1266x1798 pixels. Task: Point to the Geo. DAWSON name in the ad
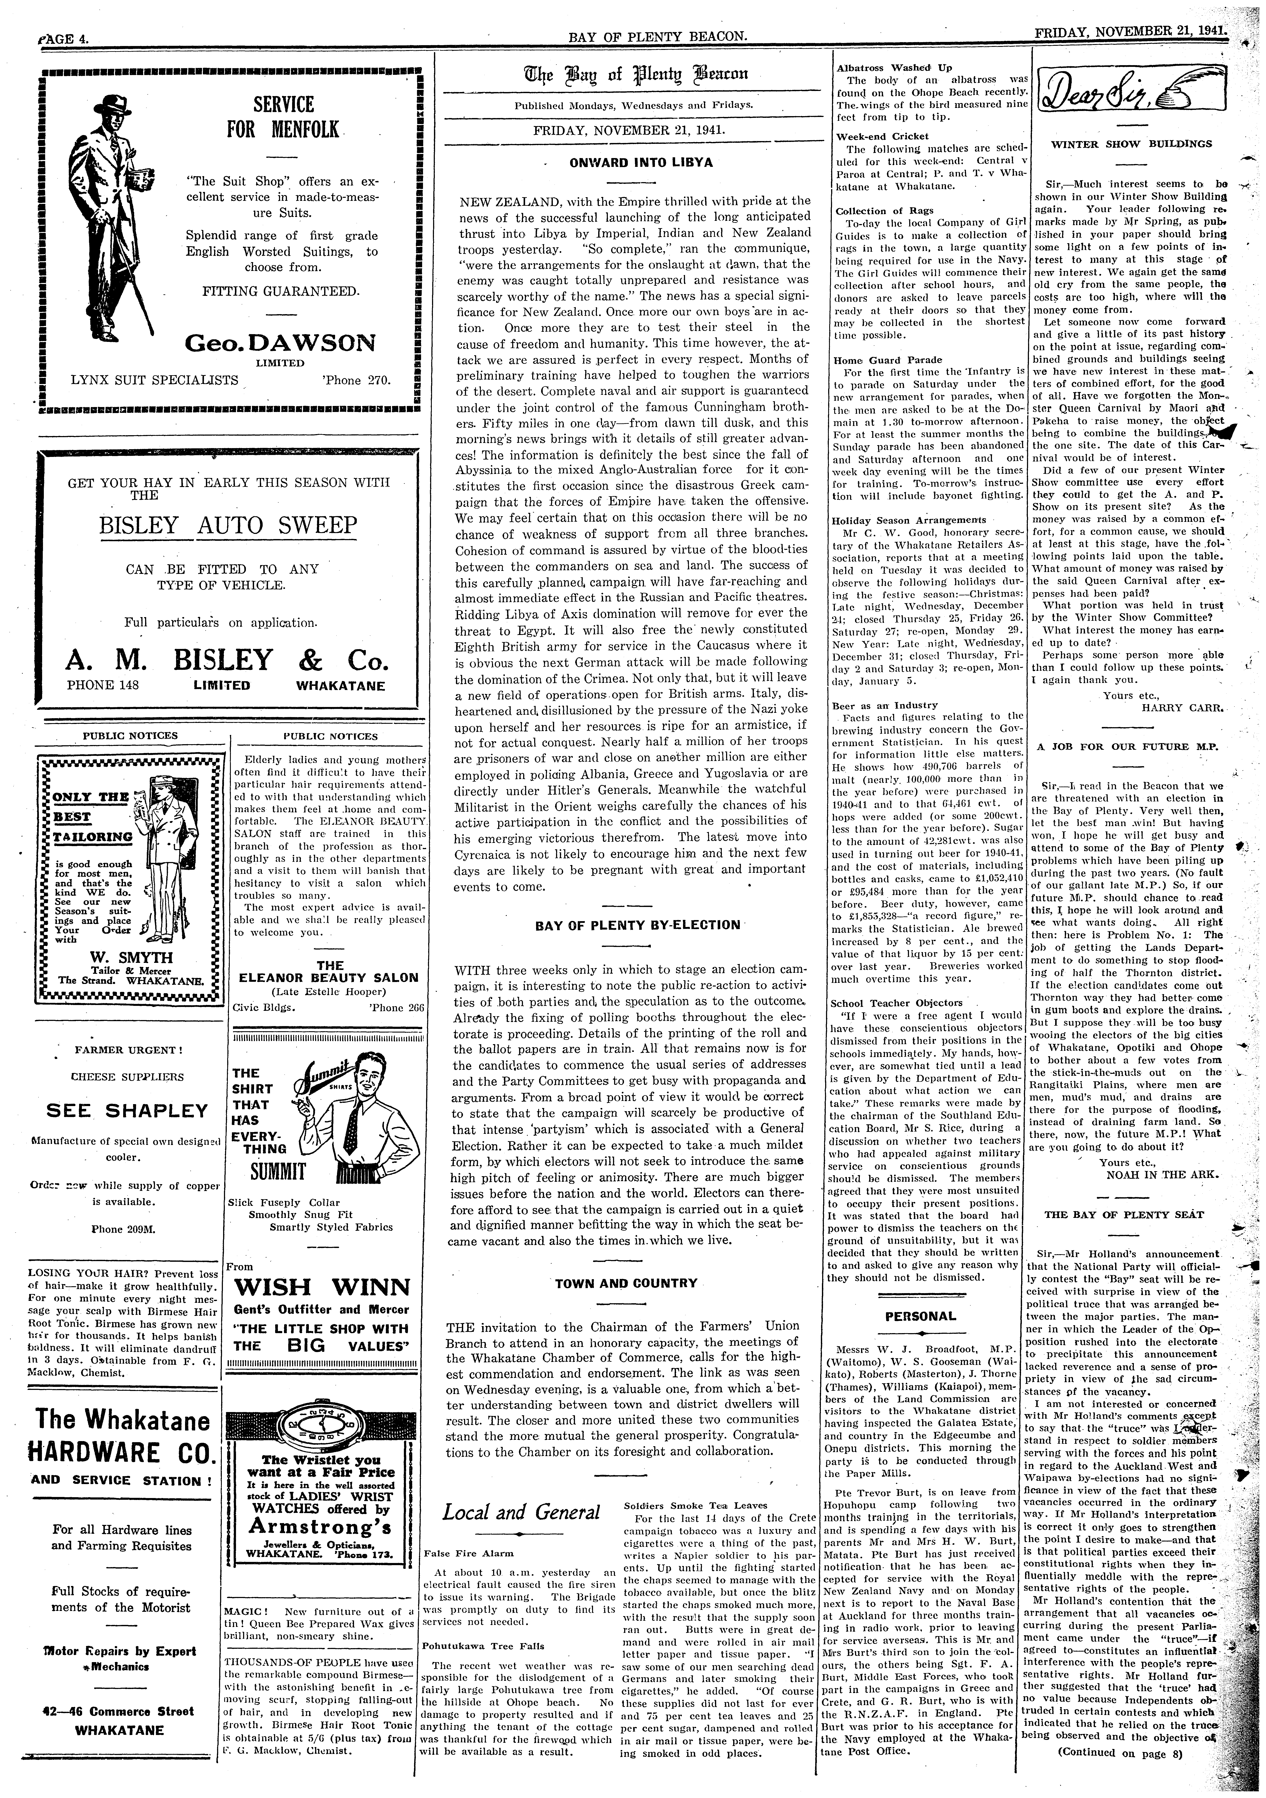click(x=279, y=343)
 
